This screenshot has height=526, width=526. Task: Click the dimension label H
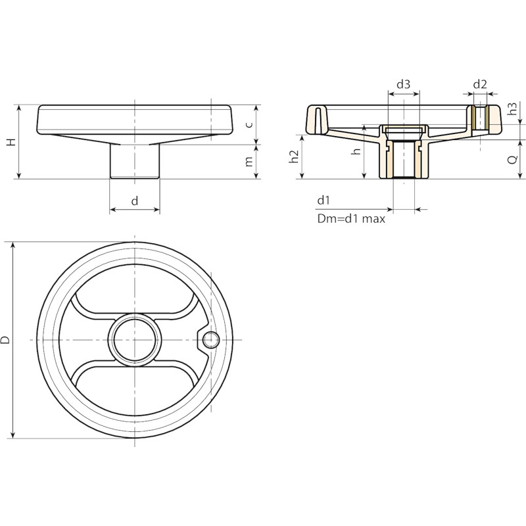click(12, 141)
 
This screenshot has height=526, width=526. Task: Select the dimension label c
click(249, 125)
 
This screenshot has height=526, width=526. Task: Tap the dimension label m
click(249, 162)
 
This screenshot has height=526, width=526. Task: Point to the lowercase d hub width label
click(135, 201)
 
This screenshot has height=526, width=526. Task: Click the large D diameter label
click(6, 340)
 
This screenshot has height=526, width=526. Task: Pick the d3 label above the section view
click(404, 84)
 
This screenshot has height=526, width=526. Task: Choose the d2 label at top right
click(480, 84)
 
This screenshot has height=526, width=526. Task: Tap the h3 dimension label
click(513, 108)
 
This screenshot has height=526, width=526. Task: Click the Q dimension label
click(513, 160)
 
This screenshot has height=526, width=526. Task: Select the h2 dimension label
click(294, 156)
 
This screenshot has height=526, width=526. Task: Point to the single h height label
click(357, 151)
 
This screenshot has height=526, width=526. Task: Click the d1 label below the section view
click(323, 201)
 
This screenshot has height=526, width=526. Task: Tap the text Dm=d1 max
click(351, 219)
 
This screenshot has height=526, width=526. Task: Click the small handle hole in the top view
click(211, 340)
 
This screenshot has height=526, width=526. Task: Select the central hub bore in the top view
click(135, 340)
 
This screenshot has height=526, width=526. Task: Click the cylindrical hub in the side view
click(135, 161)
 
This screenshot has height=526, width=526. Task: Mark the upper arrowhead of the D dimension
click(13, 245)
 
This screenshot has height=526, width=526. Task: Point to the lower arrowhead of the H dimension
click(19, 176)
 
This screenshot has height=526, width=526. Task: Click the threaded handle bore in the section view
click(480, 118)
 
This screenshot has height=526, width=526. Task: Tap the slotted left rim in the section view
click(318, 120)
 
